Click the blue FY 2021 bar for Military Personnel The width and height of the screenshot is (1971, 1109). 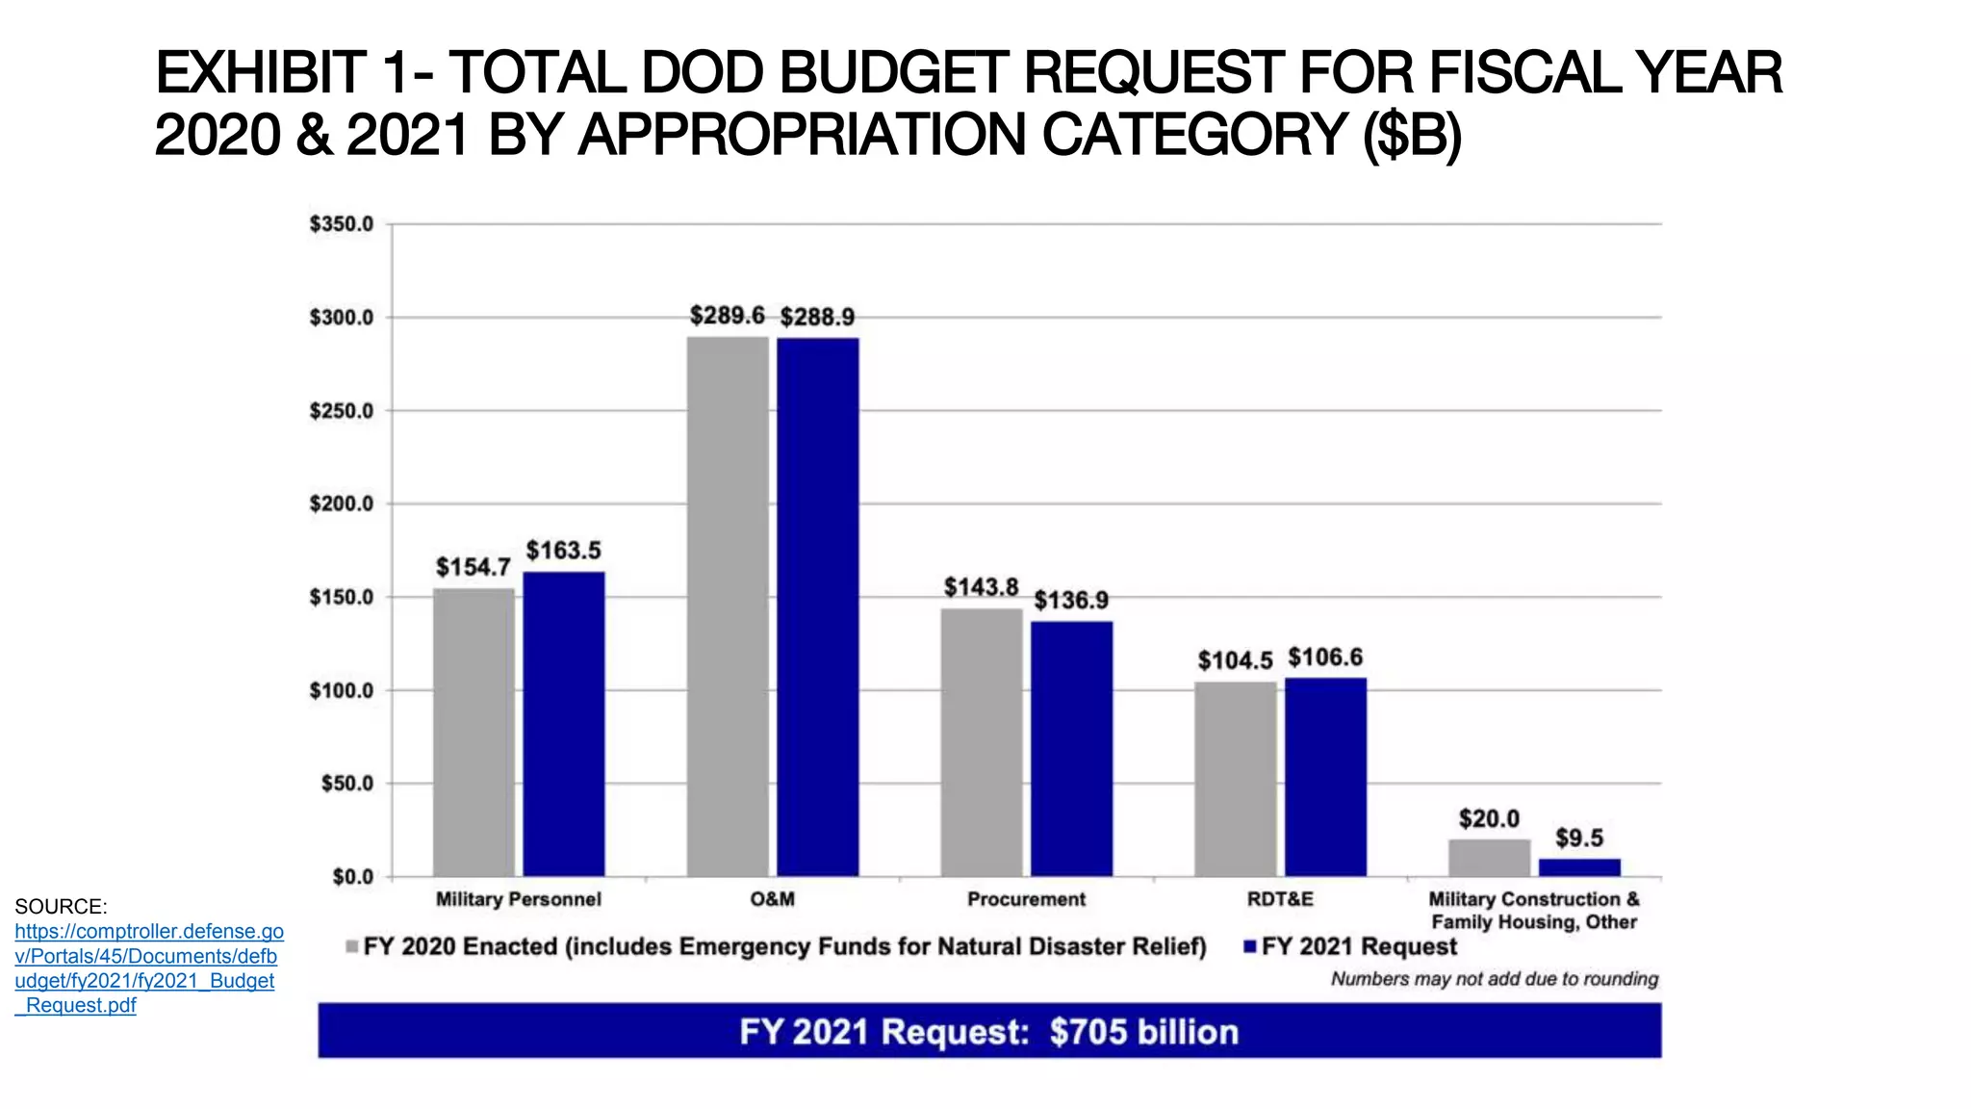click(x=564, y=724)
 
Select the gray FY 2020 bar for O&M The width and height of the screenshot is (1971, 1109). click(x=728, y=606)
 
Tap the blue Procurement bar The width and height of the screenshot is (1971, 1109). click(x=1071, y=749)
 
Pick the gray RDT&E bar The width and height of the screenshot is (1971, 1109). click(x=1235, y=779)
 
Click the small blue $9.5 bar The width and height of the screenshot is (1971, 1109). click(x=1579, y=866)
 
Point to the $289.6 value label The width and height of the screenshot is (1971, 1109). click(x=727, y=316)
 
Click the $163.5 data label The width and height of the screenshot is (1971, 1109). click(x=563, y=551)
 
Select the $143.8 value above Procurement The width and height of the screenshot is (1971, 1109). click(x=981, y=587)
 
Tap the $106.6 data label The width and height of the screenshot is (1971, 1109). click(x=1325, y=658)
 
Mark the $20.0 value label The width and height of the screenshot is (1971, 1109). click(x=1489, y=819)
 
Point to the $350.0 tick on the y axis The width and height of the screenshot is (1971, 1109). click(x=341, y=224)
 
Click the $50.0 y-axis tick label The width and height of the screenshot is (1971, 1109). click(x=346, y=784)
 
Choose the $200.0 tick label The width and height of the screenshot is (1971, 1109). click(x=341, y=504)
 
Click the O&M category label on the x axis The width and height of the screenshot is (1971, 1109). click(x=772, y=899)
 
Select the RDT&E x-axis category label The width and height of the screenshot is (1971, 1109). click(x=1279, y=899)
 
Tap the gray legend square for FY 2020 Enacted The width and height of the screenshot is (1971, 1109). click(x=352, y=947)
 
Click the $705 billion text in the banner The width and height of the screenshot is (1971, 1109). click(x=1143, y=1032)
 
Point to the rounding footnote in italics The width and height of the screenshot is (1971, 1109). click(x=1494, y=979)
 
